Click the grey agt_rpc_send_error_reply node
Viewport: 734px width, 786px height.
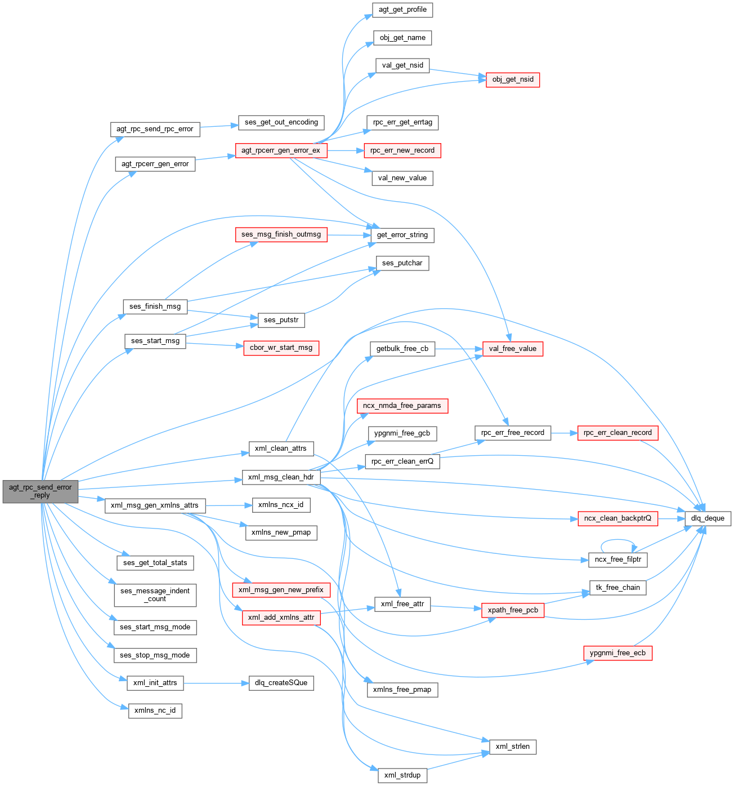tap(40, 491)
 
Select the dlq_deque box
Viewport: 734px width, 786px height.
tap(708, 518)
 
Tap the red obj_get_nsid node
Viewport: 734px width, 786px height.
tap(512, 79)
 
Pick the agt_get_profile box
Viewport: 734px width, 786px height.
tap(402, 10)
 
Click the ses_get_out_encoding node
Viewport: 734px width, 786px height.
tap(281, 122)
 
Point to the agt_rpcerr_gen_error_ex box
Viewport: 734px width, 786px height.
tap(280, 150)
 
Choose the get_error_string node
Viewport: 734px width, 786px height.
tap(402, 235)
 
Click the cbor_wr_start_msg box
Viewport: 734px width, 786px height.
tap(281, 348)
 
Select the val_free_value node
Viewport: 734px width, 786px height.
tap(512, 349)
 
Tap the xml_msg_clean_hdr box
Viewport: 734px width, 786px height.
tap(280, 477)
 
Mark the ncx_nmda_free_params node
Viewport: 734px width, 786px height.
tap(402, 406)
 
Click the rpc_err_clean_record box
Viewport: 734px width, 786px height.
tap(617, 433)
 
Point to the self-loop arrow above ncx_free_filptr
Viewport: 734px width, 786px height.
tap(618, 542)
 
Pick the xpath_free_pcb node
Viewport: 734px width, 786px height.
tap(512, 610)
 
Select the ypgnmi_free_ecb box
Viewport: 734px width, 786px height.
tap(617, 653)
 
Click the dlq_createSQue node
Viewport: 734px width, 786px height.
tap(281, 683)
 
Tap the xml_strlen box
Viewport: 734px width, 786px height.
tap(512, 747)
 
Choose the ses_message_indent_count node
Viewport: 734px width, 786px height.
tap(155, 595)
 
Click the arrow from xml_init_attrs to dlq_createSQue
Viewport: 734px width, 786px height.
tap(216, 683)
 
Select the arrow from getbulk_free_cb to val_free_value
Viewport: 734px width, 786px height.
tap(459, 349)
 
